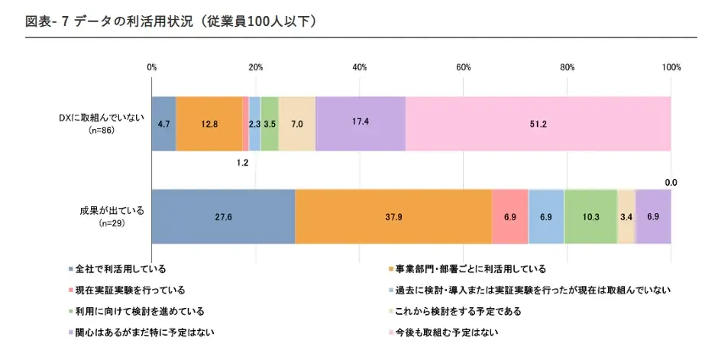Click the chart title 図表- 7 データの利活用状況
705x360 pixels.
click(170, 21)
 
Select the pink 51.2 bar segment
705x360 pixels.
click(538, 124)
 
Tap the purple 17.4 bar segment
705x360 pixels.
click(360, 124)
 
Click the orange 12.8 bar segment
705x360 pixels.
click(209, 124)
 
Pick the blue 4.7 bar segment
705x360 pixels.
click(163, 124)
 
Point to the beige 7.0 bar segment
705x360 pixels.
click(296, 124)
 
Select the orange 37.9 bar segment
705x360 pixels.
click(393, 217)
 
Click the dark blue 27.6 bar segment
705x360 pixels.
click(223, 217)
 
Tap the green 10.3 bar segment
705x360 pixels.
click(590, 217)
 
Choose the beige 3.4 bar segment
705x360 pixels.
click(626, 217)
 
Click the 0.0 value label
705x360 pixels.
click(671, 183)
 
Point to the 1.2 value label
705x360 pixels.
click(243, 163)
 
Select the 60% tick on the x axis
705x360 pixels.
click(463, 67)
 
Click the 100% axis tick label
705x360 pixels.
click(671, 67)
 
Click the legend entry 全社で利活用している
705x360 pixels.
click(119, 268)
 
